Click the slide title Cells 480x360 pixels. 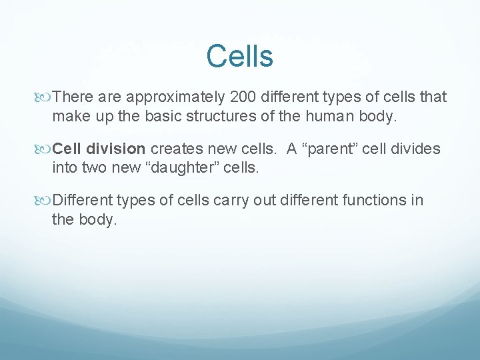[x=239, y=57]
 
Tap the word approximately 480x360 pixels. [x=176, y=97]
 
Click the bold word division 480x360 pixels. [x=118, y=149]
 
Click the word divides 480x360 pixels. [x=417, y=149]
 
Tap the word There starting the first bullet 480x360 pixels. [x=72, y=97]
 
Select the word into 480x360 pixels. [x=65, y=167]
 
